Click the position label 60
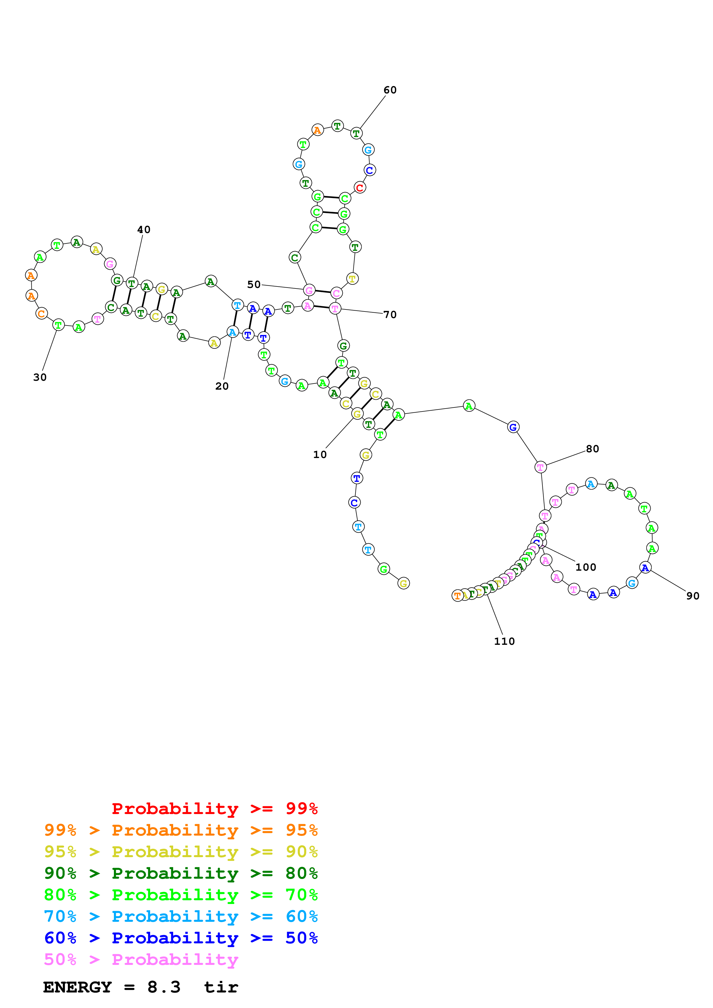point(390,90)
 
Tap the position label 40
point(144,230)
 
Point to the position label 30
point(40,377)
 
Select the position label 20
point(222,386)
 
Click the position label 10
point(320,454)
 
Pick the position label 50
point(254,284)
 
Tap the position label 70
point(390,314)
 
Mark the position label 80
point(592,449)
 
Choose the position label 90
point(693,596)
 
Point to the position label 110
point(504,641)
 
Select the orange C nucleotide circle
point(41,313)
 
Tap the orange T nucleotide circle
point(457,596)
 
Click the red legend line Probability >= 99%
point(214,809)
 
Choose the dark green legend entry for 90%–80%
point(181,873)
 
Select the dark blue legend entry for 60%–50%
point(181,938)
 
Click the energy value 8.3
point(164,987)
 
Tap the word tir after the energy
point(221,987)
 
